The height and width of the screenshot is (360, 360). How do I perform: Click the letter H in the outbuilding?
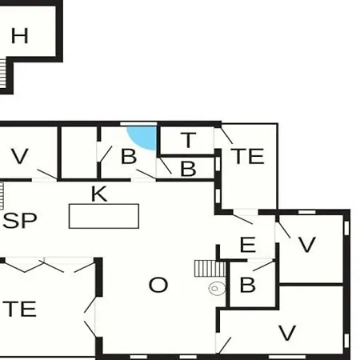click(20, 36)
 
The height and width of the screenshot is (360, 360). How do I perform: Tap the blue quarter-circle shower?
click(144, 136)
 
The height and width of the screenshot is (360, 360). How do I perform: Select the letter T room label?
click(188, 140)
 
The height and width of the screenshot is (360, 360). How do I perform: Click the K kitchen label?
click(99, 194)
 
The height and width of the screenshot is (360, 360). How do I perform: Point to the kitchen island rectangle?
click(104, 216)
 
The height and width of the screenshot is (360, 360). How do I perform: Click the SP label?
click(20, 221)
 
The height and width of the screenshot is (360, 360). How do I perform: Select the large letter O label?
click(158, 285)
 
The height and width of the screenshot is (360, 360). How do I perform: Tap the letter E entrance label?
click(248, 245)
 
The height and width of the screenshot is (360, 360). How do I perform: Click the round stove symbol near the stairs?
click(217, 289)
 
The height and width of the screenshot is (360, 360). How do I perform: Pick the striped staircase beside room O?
click(210, 269)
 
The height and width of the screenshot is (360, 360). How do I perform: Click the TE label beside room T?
click(247, 156)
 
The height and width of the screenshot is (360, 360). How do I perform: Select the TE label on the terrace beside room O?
click(19, 309)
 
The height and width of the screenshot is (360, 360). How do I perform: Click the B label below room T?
click(188, 169)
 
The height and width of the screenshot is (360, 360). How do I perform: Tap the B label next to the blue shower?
click(129, 156)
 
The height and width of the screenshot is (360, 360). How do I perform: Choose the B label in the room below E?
click(247, 285)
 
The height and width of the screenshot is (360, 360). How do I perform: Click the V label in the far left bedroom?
click(20, 156)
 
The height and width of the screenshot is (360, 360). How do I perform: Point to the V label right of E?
click(307, 245)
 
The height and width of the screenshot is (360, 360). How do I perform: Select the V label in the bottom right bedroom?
click(287, 333)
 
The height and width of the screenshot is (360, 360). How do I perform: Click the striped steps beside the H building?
click(2, 74)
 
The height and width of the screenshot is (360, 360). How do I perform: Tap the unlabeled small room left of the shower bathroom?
click(79, 152)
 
